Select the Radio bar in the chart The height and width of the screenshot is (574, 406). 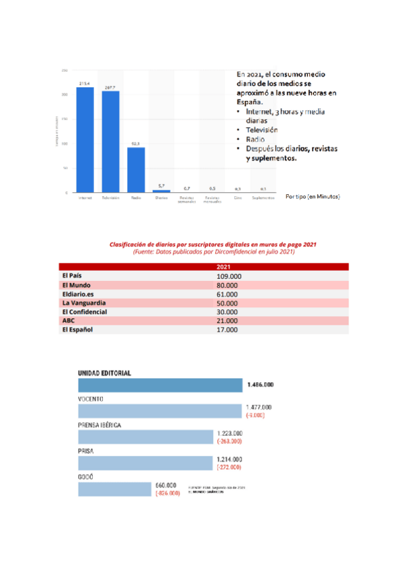(x=136, y=170)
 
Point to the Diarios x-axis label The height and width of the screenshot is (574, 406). (x=161, y=198)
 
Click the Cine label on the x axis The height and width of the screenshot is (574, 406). (x=238, y=198)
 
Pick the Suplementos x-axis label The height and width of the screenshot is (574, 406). (x=263, y=198)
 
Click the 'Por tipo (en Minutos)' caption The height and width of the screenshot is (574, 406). (x=313, y=196)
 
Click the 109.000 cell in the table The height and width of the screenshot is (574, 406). (x=229, y=276)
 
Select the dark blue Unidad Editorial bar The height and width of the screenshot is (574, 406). (x=160, y=385)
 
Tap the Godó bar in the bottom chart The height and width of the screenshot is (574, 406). (x=114, y=489)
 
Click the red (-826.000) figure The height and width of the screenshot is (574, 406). (x=167, y=493)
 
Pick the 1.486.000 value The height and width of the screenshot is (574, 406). (x=261, y=384)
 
